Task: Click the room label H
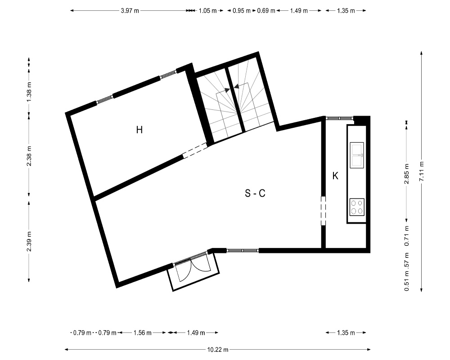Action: pyautogui.click(x=139, y=130)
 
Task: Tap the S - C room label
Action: pyautogui.click(x=255, y=193)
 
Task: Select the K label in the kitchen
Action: pyautogui.click(x=335, y=176)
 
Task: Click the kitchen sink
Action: pyautogui.click(x=357, y=155)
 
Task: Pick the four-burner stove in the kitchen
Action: pyautogui.click(x=357, y=207)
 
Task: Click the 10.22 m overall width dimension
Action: pyautogui.click(x=218, y=350)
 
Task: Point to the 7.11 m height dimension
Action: pyautogui.click(x=421, y=171)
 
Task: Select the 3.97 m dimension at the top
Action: pyautogui.click(x=130, y=11)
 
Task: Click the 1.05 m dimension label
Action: pyautogui.click(x=208, y=11)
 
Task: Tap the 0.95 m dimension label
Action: pyautogui.click(x=242, y=11)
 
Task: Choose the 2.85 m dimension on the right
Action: pyautogui.click(x=406, y=174)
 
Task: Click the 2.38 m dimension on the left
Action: pyautogui.click(x=29, y=156)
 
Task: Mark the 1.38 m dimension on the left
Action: pyautogui.click(x=29, y=92)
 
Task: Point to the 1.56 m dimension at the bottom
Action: pyautogui.click(x=142, y=333)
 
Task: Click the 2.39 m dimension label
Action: pyautogui.click(x=29, y=242)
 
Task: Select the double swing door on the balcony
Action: pyautogui.click(x=192, y=268)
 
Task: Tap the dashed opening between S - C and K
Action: pyautogui.click(x=324, y=211)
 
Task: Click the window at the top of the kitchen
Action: pyautogui.click(x=339, y=118)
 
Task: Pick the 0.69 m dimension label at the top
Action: pyautogui.click(x=266, y=11)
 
